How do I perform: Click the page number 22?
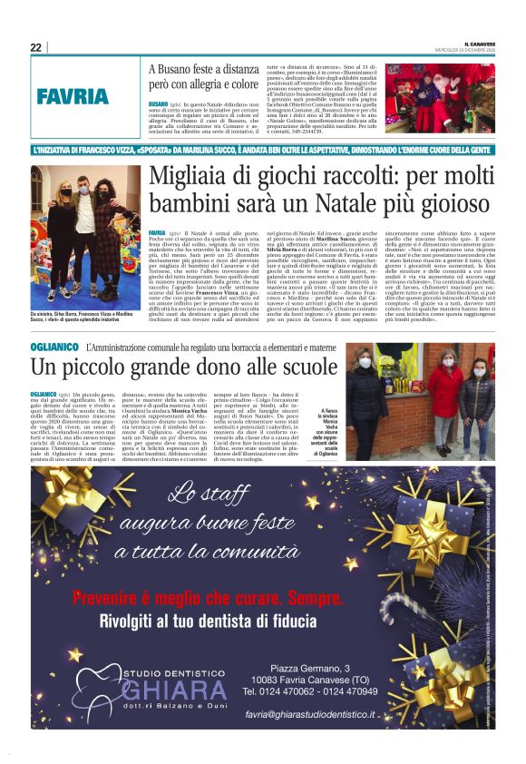click(35, 47)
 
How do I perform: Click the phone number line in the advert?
click(309, 691)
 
